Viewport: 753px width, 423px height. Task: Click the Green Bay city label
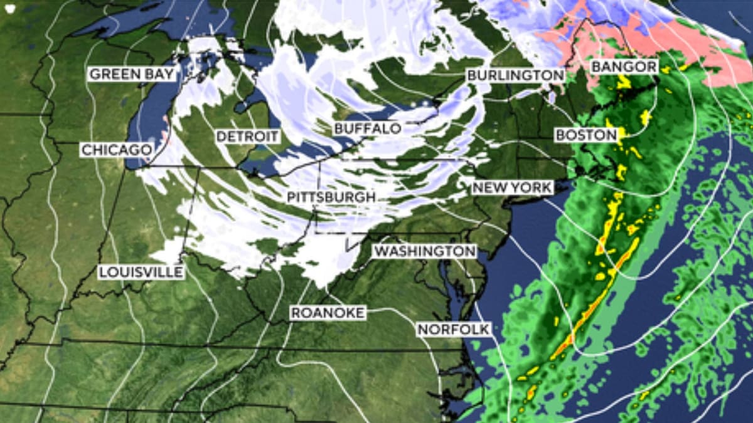point(132,74)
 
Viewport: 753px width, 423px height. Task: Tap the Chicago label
point(117,150)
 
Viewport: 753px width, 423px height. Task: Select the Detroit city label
point(247,136)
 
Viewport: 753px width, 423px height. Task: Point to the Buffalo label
point(367,128)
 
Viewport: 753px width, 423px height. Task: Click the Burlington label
point(515,75)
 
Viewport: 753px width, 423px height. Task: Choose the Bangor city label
point(624,66)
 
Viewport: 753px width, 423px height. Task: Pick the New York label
point(513,187)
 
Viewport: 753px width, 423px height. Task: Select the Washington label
point(425,251)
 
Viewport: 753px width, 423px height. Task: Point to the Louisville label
point(141,272)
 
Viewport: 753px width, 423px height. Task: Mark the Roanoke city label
point(328,313)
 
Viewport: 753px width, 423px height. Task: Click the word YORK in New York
point(531,187)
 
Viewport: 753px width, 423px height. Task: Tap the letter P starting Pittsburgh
point(292,197)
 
